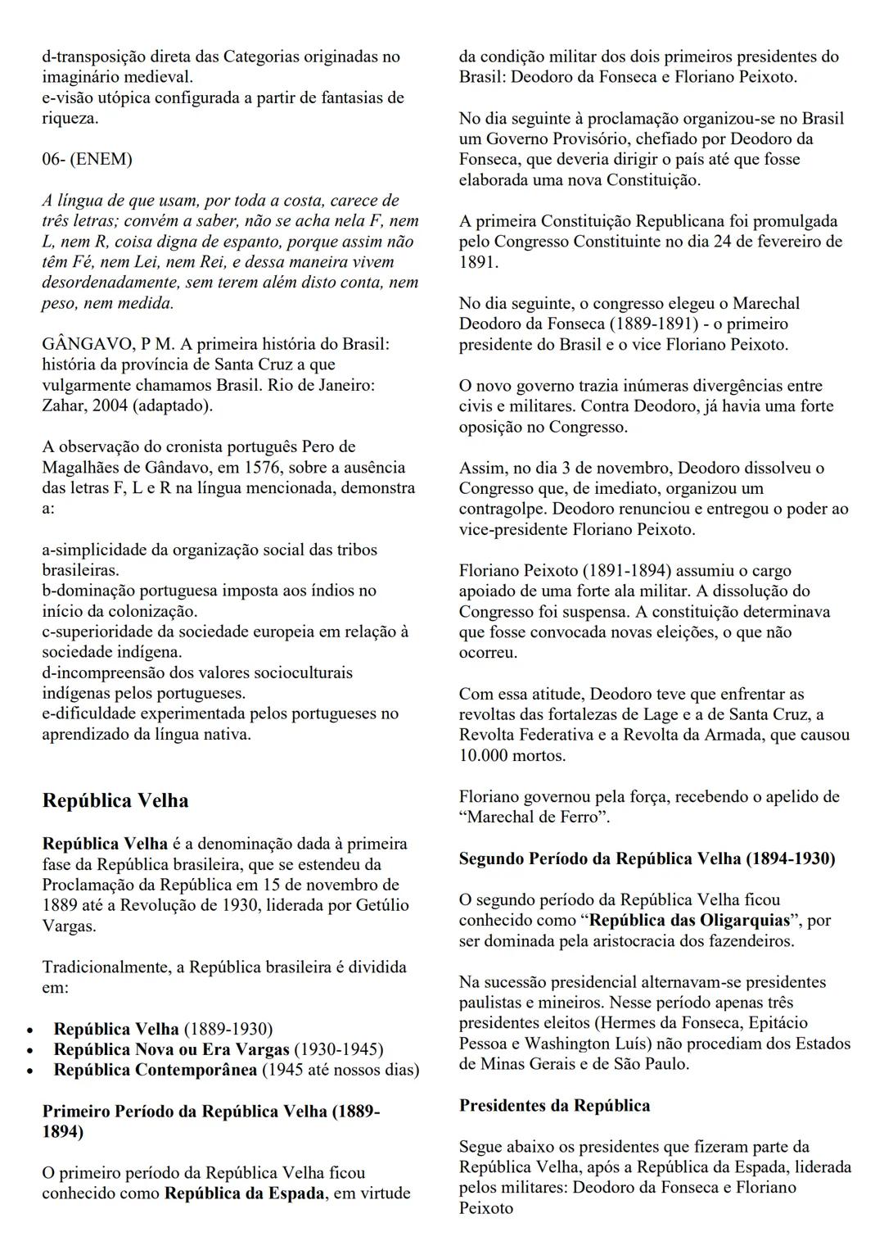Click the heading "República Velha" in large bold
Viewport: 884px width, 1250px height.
115,800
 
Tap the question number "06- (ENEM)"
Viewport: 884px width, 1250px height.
87,159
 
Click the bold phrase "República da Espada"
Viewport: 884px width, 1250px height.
244,1193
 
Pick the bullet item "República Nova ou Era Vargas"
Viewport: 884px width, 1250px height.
172,1049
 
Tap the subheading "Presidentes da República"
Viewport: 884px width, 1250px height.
555,1106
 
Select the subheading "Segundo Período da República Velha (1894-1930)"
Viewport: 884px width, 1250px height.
647,858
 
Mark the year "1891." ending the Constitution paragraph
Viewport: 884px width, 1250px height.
479,262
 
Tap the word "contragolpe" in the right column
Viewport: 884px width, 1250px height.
502,509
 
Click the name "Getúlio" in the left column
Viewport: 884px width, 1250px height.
381,906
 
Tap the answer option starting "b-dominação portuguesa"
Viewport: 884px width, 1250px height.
209,591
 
